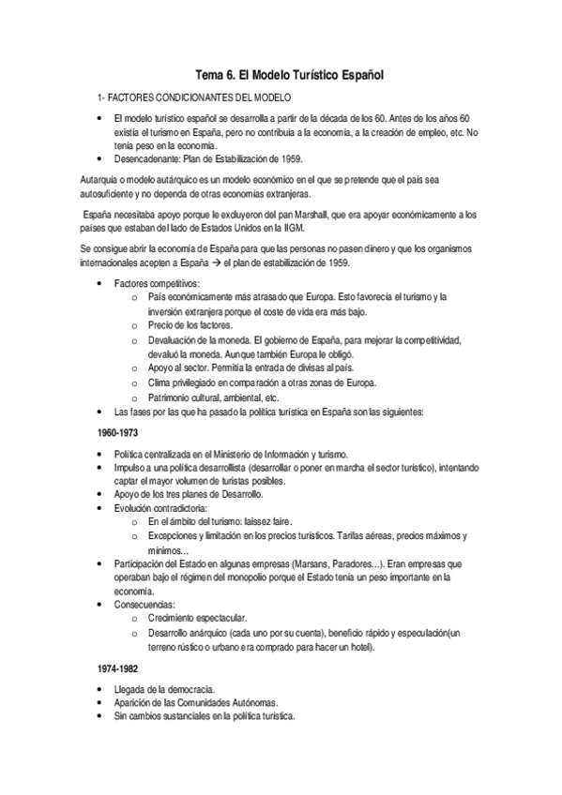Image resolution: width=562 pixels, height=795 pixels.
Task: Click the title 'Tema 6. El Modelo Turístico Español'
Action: (x=282, y=73)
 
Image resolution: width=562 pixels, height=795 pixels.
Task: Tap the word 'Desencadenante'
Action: (x=144, y=158)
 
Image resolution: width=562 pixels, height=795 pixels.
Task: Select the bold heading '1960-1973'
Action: (x=117, y=433)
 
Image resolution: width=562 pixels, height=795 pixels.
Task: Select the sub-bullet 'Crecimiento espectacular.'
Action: (x=197, y=619)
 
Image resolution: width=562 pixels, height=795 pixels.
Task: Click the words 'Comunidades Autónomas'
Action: (x=216, y=703)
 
